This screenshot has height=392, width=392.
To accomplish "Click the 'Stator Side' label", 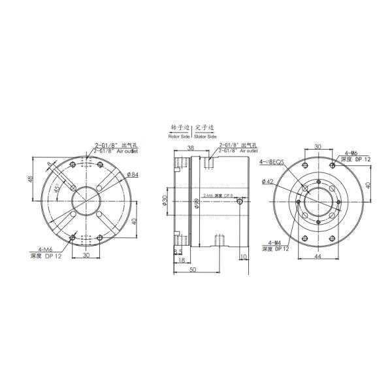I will [x=205, y=137].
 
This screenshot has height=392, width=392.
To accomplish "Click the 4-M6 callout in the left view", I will [x=45, y=248].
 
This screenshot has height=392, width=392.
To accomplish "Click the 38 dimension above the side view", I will [x=190, y=148].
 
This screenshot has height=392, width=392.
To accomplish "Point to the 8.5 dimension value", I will [x=177, y=251].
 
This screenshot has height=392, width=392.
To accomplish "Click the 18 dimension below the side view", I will [x=180, y=260].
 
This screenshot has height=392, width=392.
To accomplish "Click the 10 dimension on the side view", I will [x=244, y=257].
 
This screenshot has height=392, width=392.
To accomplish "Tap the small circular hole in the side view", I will [x=242, y=203].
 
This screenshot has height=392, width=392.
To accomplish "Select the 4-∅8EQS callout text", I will [x=271, y=161].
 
